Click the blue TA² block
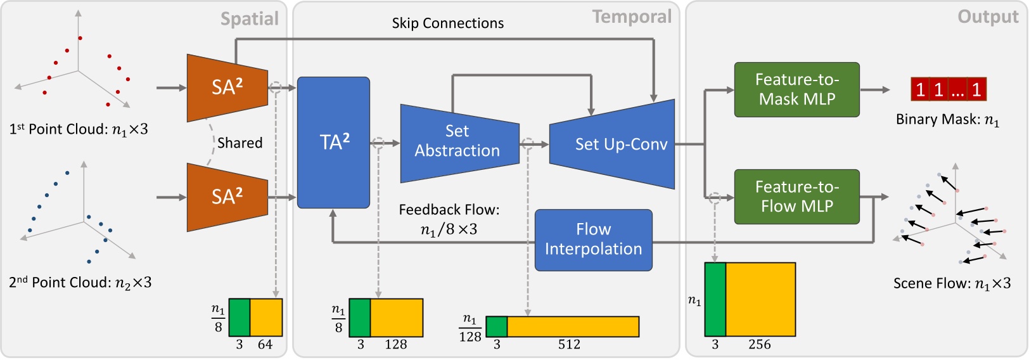(333, 143)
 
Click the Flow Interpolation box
(593, 240)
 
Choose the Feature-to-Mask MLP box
(796, 89)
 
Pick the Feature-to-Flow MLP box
(796, 196)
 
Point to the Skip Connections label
(447, 23)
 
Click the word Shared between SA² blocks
(240, 143)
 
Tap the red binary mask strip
(948, 89)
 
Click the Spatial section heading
(249, 19)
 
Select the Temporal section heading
(631, 17)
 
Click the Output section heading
(988, 17)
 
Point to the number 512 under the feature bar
(569, 345)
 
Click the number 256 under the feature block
(759, 345)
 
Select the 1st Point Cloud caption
(79, 129)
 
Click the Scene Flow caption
(952, 283)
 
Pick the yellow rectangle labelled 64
(266, 317)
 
